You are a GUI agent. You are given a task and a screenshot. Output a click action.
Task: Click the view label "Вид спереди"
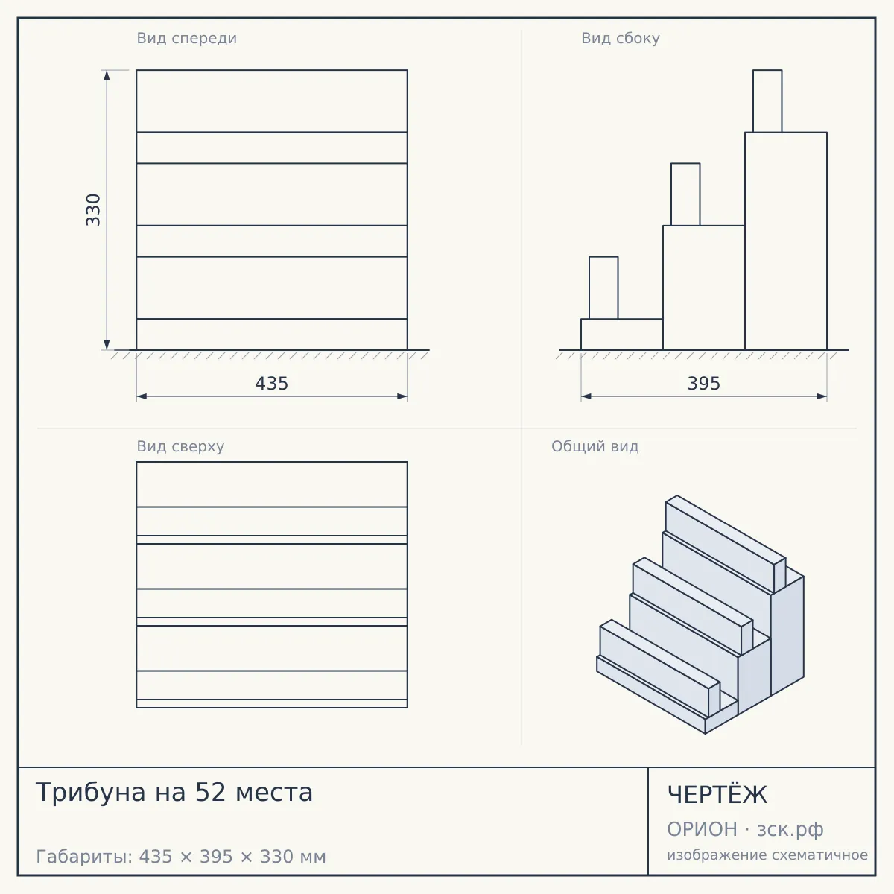(186, 38)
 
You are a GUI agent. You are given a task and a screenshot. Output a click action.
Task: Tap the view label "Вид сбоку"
(621, 38)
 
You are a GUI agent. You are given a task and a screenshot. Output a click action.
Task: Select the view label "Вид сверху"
(180, 446)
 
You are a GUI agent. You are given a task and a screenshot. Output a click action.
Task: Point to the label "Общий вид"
(595, 446)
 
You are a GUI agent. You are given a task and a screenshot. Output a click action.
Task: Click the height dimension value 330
(93, 209)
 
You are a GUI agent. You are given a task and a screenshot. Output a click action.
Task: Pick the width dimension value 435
(272, 384)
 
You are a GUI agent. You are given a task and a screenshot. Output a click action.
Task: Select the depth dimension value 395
(704, 384)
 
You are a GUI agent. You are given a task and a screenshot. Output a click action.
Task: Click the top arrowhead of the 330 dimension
(107, 75)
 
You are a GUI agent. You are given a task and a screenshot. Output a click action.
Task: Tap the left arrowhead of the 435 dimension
(142, 396)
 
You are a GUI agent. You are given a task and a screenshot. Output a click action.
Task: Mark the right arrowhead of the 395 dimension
(822, 396)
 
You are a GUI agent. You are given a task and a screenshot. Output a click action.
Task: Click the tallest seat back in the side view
(767, 101)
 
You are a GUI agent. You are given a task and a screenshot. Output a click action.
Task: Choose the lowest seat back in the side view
(603, 288)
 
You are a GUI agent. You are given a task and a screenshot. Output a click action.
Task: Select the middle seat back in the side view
(685, 194)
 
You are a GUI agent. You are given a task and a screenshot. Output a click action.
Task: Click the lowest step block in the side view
(622, 335)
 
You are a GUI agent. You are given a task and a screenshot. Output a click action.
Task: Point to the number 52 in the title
(210, 792)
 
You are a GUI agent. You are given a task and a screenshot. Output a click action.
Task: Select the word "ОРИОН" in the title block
(702, 829)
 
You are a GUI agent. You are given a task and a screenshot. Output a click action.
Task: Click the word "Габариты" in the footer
(85, 857)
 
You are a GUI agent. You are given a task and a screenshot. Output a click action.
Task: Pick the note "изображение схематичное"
(767, 855)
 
